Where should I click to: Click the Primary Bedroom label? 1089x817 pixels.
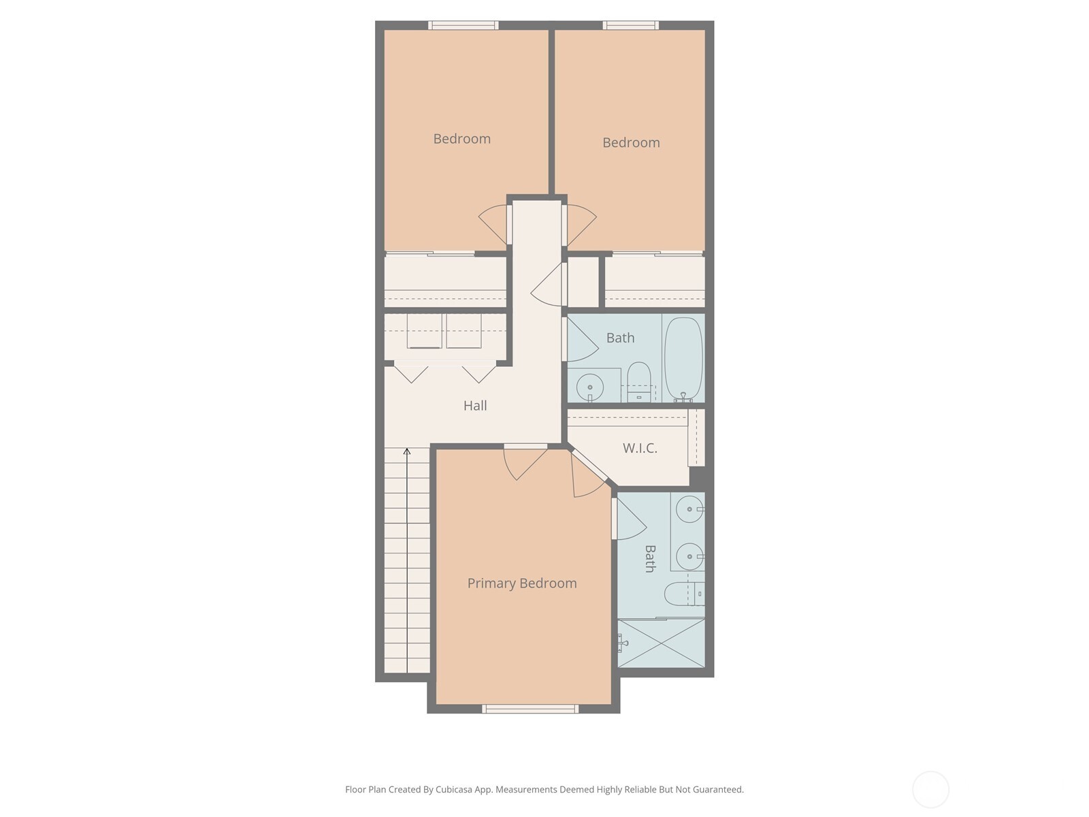point(522,583)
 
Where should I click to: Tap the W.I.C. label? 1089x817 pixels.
point(640,448)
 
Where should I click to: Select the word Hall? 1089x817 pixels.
point(475,406)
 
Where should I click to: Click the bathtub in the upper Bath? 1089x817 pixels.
point(683,358)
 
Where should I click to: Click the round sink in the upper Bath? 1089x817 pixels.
point(589,388)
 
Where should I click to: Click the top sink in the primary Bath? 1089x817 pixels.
point(690,509)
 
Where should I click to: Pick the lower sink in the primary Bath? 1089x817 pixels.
point(690,556)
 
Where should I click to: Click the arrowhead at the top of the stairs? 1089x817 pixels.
point(407,451)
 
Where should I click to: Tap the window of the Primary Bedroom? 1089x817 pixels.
point(530,709)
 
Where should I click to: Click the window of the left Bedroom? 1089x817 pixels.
point(464,25)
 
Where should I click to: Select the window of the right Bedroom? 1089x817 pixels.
point(630,25)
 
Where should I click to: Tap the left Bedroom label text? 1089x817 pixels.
point(462,139)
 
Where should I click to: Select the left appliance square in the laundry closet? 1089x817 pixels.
point(425,331)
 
